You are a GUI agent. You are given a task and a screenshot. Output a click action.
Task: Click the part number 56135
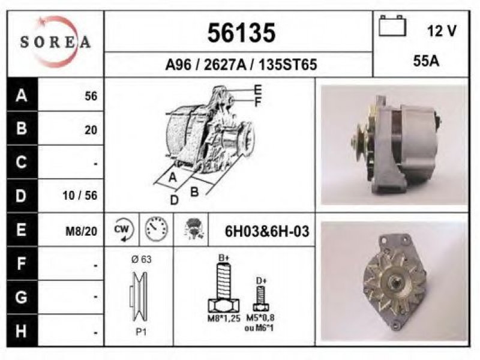tap(241, 33)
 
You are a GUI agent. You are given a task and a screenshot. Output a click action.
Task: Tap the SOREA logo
tap(55, 42)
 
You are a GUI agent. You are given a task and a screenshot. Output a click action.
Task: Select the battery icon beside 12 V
tap(392, 26)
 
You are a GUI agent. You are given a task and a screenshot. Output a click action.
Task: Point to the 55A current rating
tap(426, 61)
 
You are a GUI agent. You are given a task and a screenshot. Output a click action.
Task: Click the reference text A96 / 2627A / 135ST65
tap(241, 65)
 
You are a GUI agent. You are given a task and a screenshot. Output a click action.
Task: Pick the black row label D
tap(21, 196)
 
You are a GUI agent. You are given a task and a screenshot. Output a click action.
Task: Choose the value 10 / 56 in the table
tap(80, 196)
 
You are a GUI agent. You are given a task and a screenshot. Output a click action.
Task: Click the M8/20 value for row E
tap(82, 232)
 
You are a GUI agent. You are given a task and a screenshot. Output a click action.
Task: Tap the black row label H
tap(21, 331)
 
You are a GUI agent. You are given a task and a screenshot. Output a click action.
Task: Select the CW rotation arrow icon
tap(123, 230)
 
